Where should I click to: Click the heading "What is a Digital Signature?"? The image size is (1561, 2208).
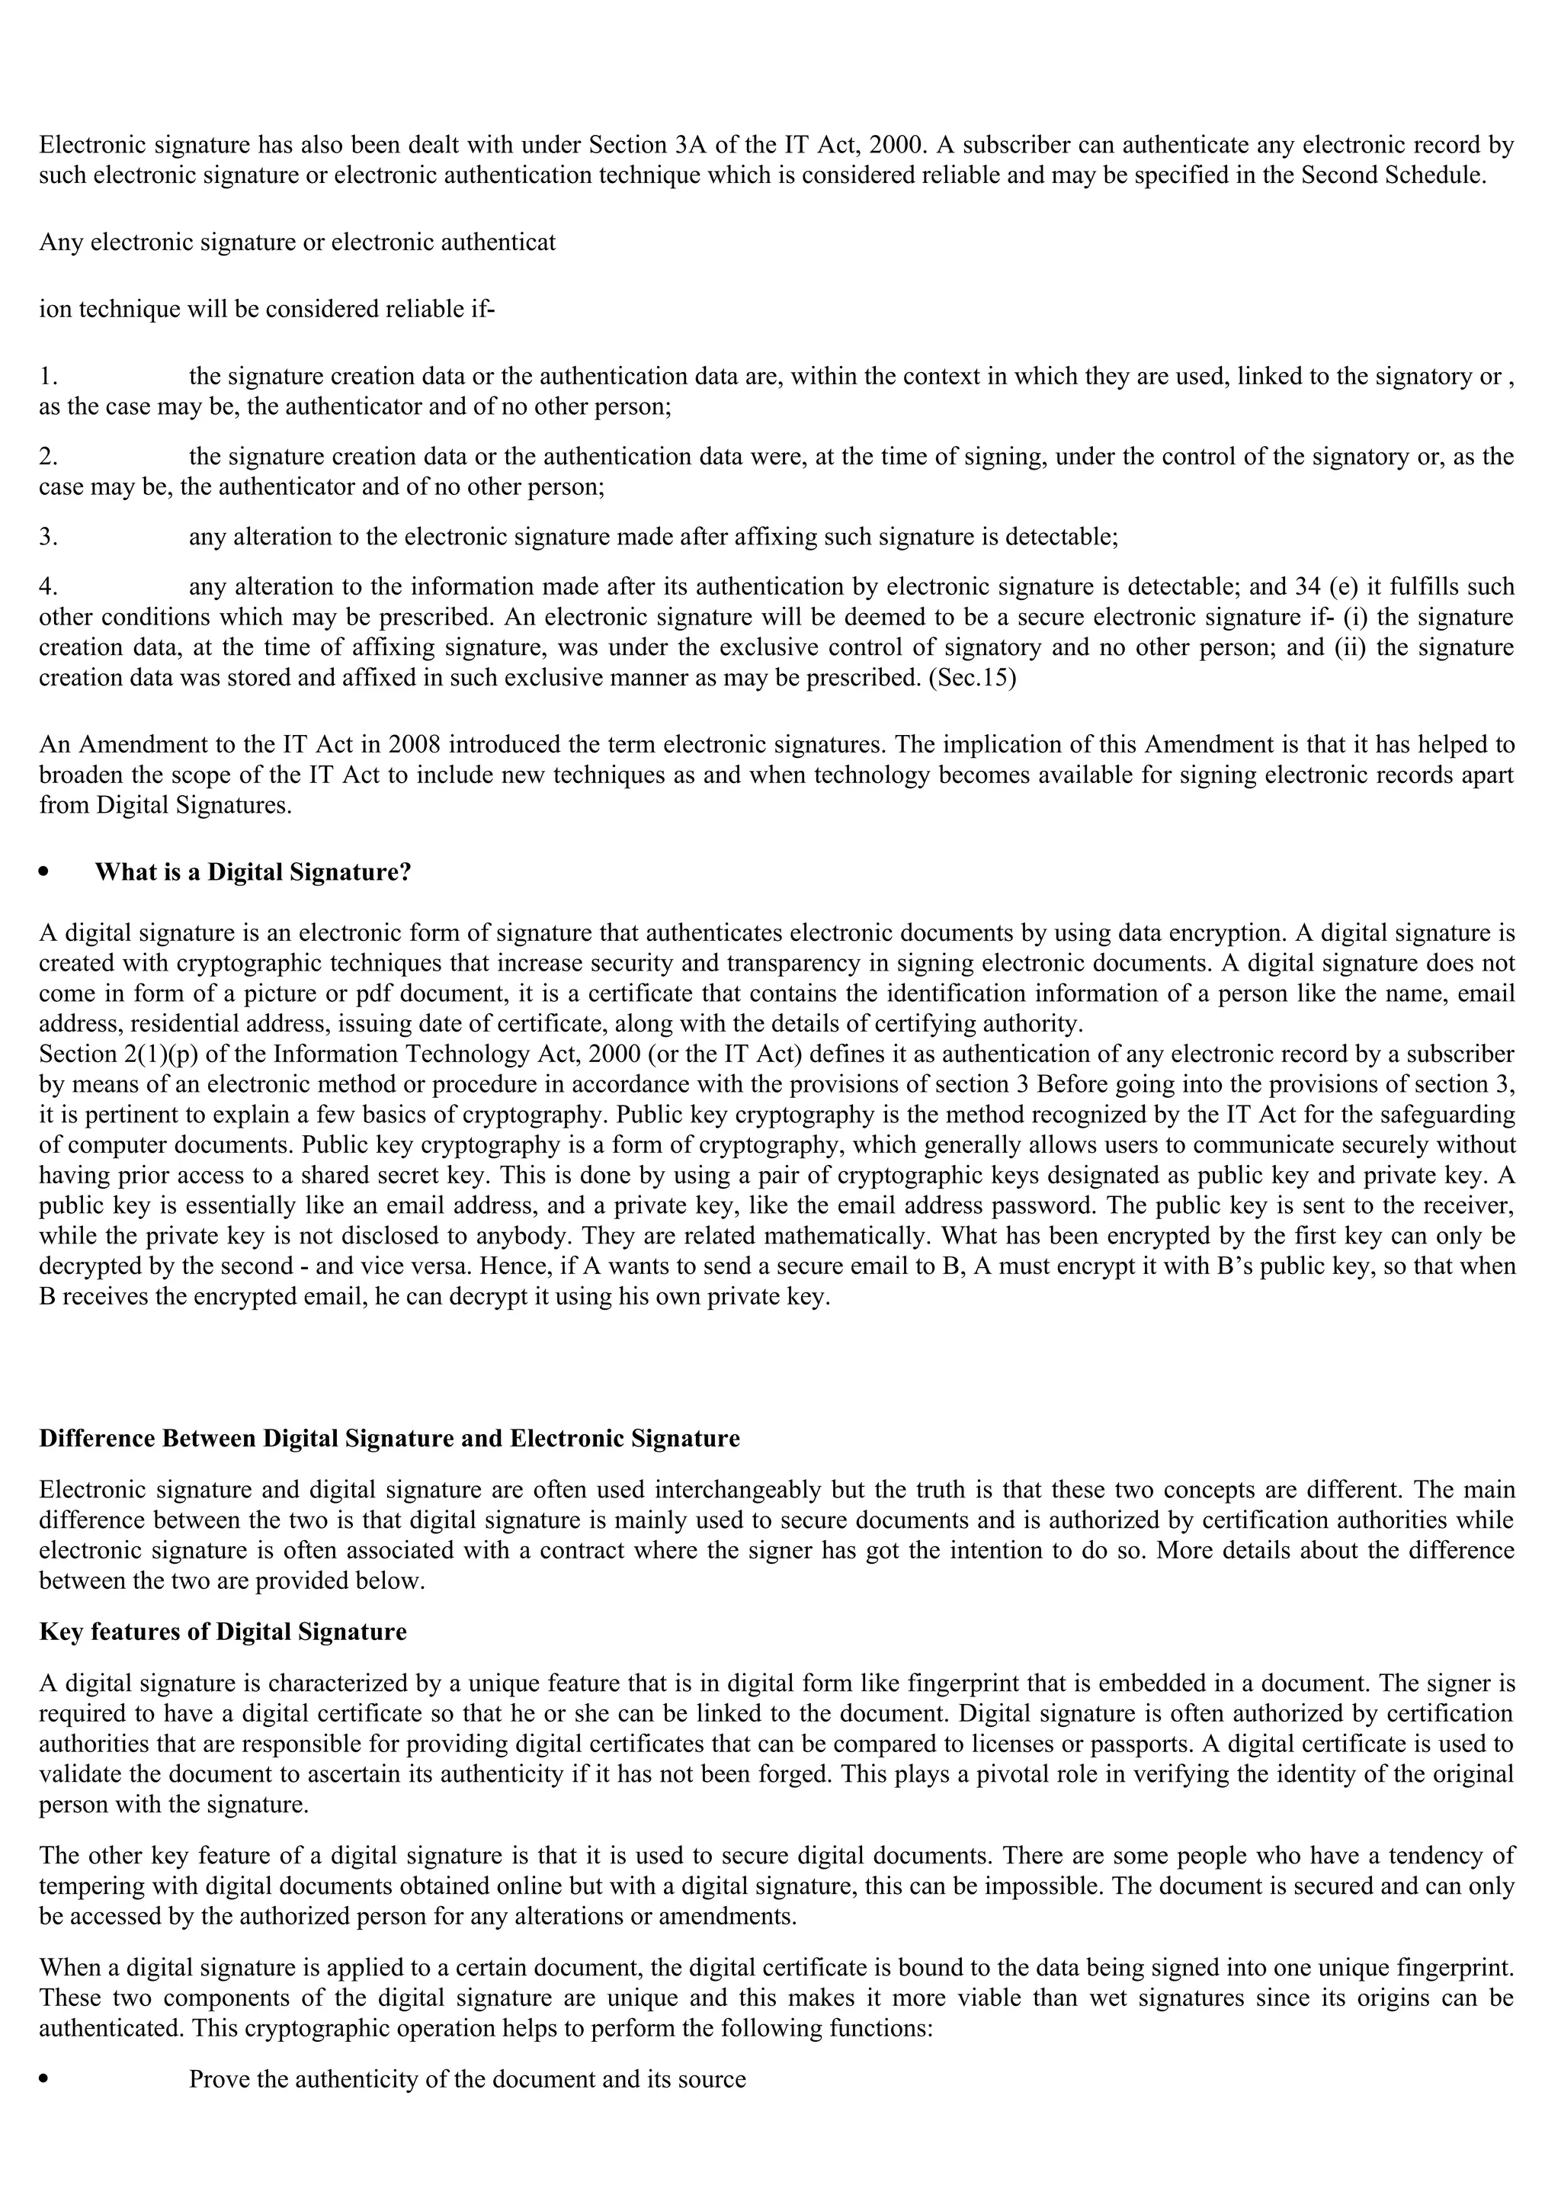[253, 872]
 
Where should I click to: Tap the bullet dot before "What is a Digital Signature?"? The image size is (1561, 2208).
[44, 872]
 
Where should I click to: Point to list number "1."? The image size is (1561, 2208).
[49, 376]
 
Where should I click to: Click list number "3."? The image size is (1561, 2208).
[49, 537]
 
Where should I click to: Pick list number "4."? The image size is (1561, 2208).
[49, 586]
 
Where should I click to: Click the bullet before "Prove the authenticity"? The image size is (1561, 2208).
[44, 2079]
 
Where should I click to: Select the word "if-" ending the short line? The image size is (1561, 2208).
[482, 310]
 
